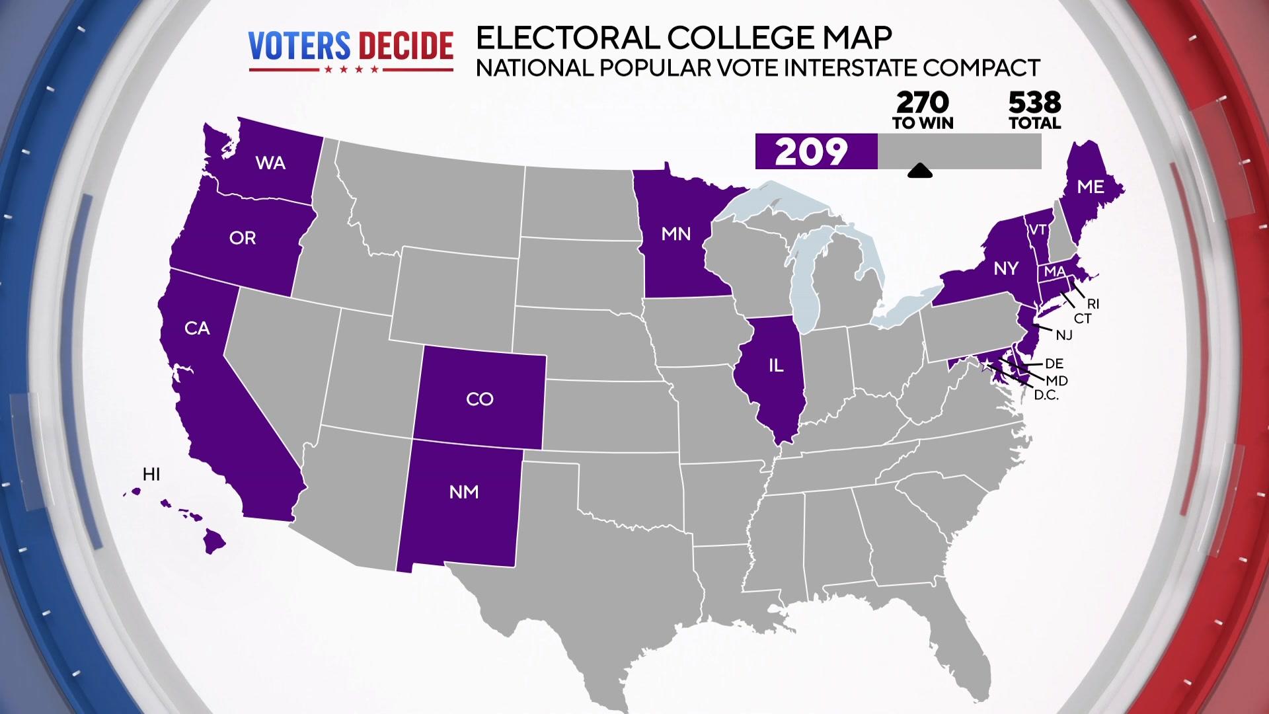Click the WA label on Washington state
[270, 163]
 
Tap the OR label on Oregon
[243, 238]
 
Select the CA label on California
[197, 328]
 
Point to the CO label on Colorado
[480, 399]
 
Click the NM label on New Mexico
[464, 492]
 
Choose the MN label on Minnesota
[676, 234]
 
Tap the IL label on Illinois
[776, 366]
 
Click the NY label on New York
[1006, 268]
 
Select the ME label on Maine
[1091, 187]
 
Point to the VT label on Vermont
[1038, 230]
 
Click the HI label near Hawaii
[151, 474]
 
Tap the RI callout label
[1093, 304]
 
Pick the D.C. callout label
[1046, 395]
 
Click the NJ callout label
[1064, 335]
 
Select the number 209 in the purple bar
[811, 152]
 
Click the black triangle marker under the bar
[920, 172]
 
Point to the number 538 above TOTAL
[1034, 102]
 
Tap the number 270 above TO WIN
[923, 102]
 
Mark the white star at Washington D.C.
[987, 365]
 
